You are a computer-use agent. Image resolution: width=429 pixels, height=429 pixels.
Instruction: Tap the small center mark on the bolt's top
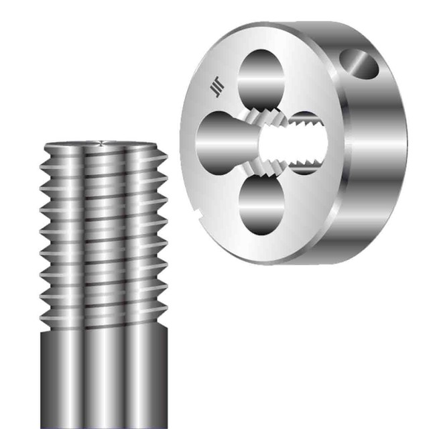101,141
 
